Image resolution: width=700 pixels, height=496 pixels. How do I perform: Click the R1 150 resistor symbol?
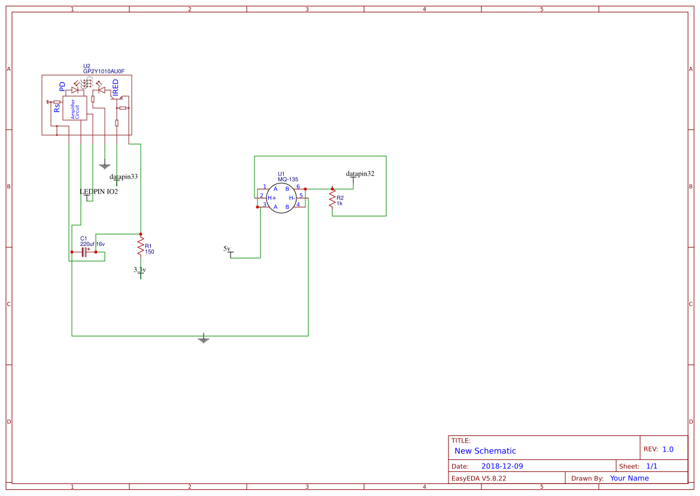141,246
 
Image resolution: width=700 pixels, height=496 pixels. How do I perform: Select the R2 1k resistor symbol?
332,199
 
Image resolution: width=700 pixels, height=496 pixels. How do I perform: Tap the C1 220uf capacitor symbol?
84,252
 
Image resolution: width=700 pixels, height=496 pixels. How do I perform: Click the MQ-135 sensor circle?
281,198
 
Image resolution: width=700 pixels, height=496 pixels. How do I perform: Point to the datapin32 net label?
360,173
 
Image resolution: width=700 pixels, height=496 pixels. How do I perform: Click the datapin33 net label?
123,177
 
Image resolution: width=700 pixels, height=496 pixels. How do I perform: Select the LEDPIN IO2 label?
99,192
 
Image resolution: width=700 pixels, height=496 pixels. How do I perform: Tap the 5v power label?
227,248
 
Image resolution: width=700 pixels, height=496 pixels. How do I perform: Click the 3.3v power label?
140,270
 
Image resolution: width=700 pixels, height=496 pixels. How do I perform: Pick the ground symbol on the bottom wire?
204,339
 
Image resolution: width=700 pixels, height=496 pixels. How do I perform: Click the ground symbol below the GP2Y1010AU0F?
105,165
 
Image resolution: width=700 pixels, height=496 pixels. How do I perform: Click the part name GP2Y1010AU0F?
107,71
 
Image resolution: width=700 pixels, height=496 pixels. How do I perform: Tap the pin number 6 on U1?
298,187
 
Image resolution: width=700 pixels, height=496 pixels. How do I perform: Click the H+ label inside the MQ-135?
272,198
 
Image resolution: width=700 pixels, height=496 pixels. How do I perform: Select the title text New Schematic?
485,451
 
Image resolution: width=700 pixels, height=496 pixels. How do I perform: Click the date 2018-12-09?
502,466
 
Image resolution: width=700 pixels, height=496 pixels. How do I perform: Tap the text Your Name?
629,478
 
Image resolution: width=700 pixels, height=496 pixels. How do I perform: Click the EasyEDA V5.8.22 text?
478,478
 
